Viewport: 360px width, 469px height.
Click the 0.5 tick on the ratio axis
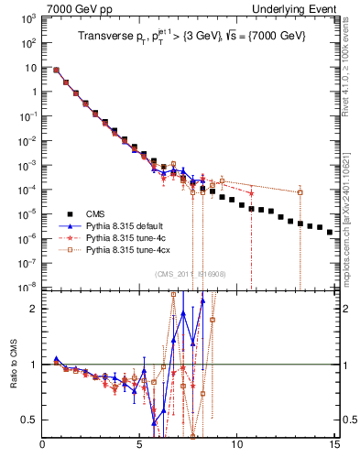pos(29,420)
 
